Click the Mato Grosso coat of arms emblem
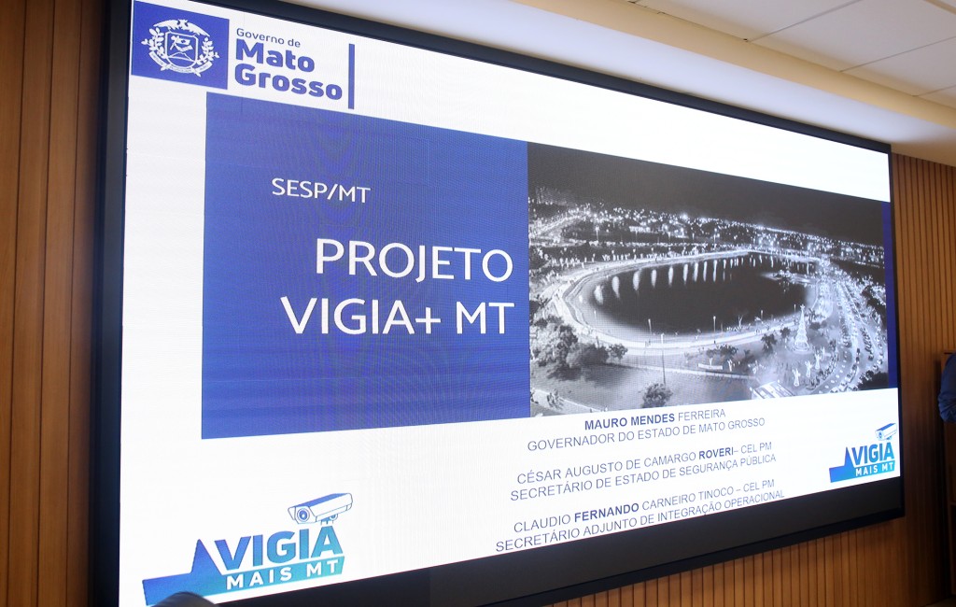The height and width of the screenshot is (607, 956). pos(180,47)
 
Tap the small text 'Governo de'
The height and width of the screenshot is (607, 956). pos(268,38)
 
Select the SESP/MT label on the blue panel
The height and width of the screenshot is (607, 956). pos(321,191)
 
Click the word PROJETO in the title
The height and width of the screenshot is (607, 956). pos(414,260)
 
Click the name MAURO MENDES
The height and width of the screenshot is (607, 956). pos(629,420)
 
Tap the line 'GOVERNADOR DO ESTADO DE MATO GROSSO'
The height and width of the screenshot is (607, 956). pos(646,433)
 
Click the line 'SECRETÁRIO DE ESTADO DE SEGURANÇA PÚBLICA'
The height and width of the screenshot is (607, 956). pos(642,477)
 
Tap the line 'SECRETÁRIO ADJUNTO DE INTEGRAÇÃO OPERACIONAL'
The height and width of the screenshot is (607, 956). pos(640,520)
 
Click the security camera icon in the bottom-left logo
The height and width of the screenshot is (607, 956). pos(320,508)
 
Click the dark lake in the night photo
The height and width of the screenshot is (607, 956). pos(689,293)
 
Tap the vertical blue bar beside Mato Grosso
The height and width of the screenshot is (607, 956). pos(351,76)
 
